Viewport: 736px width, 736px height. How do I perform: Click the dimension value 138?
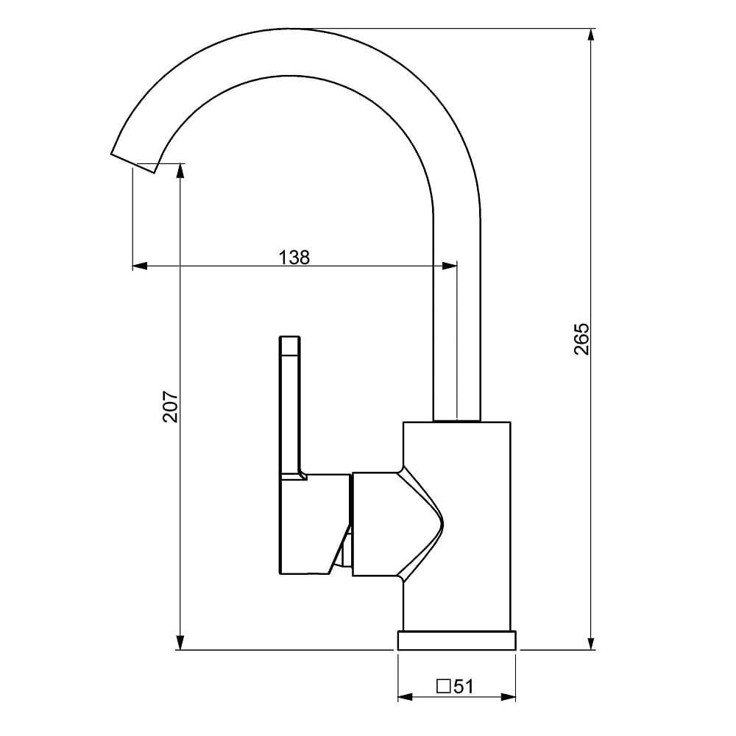[x=294, y=258]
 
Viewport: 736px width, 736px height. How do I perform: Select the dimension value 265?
[x=581, y=339]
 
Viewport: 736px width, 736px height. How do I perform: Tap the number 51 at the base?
[x=463, y=687]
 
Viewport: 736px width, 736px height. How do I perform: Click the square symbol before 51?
[x=444, y=687]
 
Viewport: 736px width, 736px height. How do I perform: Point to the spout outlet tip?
[x=134, y=163]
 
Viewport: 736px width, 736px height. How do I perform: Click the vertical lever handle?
[x=290, y=405]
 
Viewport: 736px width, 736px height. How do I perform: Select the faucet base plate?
[x=457, y=640]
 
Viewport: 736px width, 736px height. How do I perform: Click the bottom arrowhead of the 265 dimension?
[x=591, y=643]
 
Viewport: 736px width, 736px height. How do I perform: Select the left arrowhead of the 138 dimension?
[x=140, y=266]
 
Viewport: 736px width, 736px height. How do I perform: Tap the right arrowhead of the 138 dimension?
[x=450, y=266]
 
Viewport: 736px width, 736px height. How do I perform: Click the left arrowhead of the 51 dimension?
[x=405, y=696]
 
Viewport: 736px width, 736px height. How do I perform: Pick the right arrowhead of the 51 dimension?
[x=509, y=696]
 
